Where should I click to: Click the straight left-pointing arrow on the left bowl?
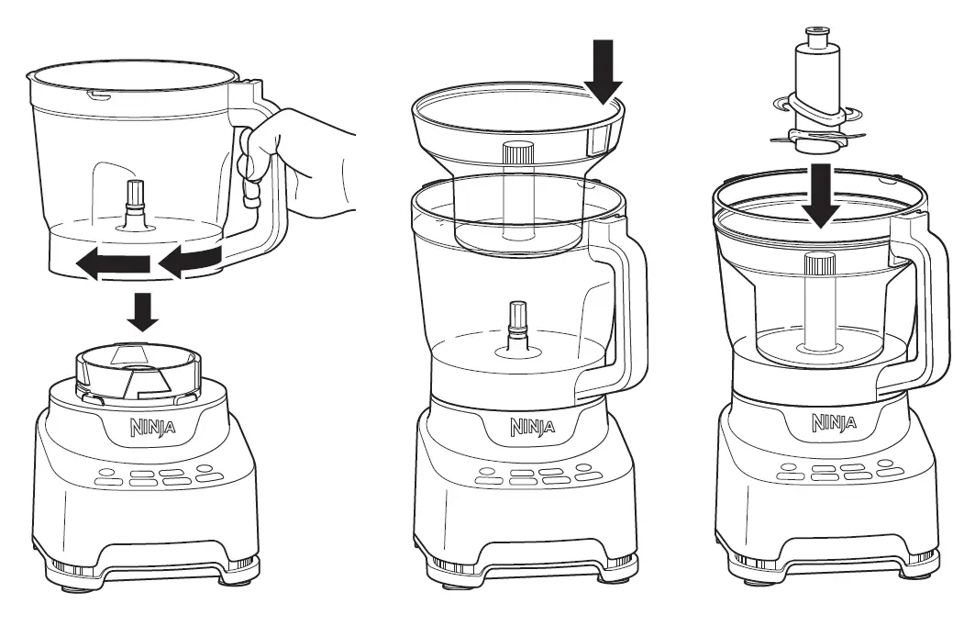(112, 265)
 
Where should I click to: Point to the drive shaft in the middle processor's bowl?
(517, 326)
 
